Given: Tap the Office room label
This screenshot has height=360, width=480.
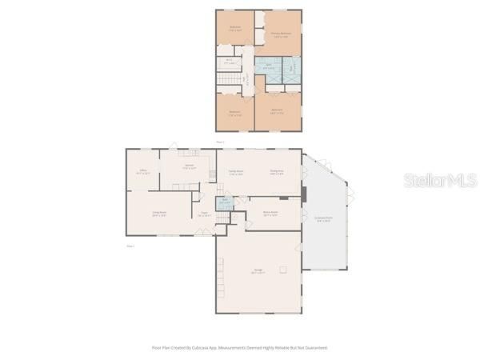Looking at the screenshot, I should click(x=142, y=172).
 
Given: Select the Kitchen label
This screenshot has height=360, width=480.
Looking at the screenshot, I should click(x=189, y=168).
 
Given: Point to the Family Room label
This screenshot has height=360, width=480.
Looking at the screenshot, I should click(x=235, y=172).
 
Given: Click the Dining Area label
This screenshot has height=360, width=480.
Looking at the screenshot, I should click(x=277, y=172).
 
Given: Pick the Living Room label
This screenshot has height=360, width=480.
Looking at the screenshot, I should click(x=159, y=213).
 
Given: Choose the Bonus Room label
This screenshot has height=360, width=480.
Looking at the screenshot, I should click(x=270, y=213).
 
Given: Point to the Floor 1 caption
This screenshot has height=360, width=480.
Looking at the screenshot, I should click(x=130, y=246).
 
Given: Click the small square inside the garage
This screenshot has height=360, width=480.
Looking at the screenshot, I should click(x=282, y=270).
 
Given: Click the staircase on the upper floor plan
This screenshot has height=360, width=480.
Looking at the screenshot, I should click(x=230, y=81).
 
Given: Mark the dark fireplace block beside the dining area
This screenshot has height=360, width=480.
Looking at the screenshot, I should click(x=303, y=192).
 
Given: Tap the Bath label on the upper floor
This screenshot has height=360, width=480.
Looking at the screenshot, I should click(x=269, y=66).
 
